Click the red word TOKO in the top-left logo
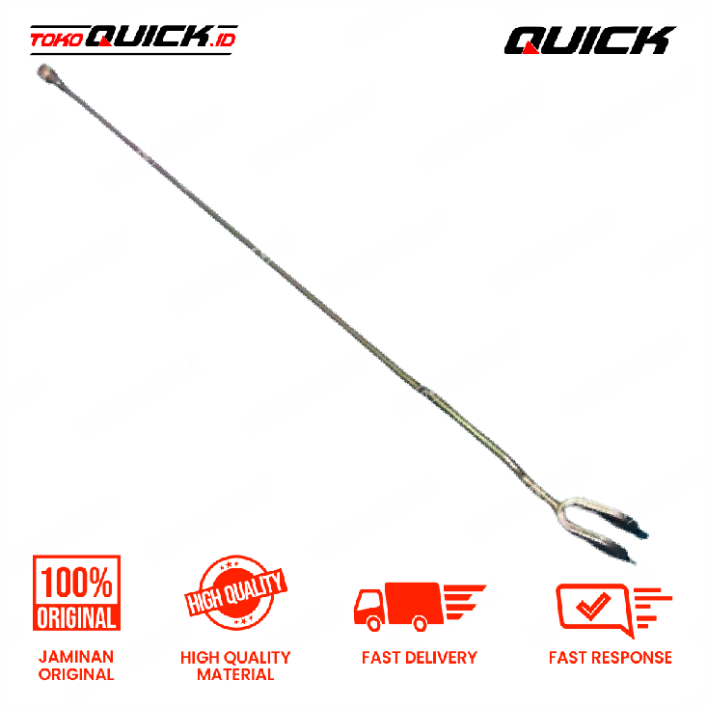pyautogui.click(x=56, y=41)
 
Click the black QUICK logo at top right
pyautogui.click(x=589, y=41)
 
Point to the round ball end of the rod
pyautogui.click(x=46, y=72)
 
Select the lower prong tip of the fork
pyautogui.click(x=633, y=561)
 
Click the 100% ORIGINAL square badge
pyautogui.click(x=76, y=592)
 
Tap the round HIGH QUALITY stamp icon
pyautogui.click(x=235, y=592)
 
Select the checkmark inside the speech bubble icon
pyautogui.click(x=593, y=605)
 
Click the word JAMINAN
pyautogui.click(x=76, y=657)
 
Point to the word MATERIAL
pyautogui.click(x=235, y=674)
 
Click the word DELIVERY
pyautogui.click(x=441, y=658)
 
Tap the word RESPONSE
pyautogui.click(x=632, y=658)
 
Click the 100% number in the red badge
pyautogui.click(x=76, y=583)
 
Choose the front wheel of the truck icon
pyautogui.click(x=374, y=624)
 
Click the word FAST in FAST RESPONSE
pyautogui.click(x=568, y=658)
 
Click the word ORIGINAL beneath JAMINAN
pyautogui.click(x=76, y=674)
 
